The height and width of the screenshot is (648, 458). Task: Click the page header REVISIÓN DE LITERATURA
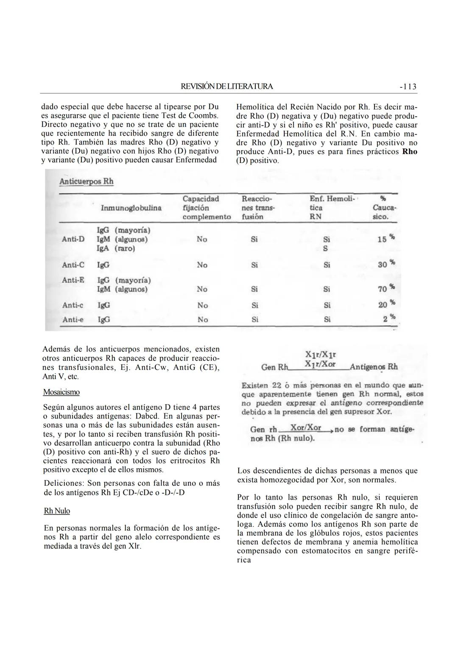[227, 87]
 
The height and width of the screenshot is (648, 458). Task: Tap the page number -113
[408, 87]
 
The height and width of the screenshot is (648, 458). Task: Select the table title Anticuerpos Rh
[87, 182]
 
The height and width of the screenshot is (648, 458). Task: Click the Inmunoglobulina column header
[131, 208]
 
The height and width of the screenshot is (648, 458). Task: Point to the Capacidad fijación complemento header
[207, 208]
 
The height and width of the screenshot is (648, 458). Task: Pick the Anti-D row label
[73, 239]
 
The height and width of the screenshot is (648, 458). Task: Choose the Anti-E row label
[73, 280]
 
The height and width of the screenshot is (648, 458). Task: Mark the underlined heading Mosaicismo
[61, 392]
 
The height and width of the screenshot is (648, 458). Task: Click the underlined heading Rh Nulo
[57, 511]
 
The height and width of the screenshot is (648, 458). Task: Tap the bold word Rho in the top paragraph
[410, 152]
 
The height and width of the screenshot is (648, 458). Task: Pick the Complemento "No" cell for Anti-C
[202, 265]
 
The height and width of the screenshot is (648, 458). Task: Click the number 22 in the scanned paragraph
[276, 385]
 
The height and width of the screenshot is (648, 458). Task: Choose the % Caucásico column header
[384, 208]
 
